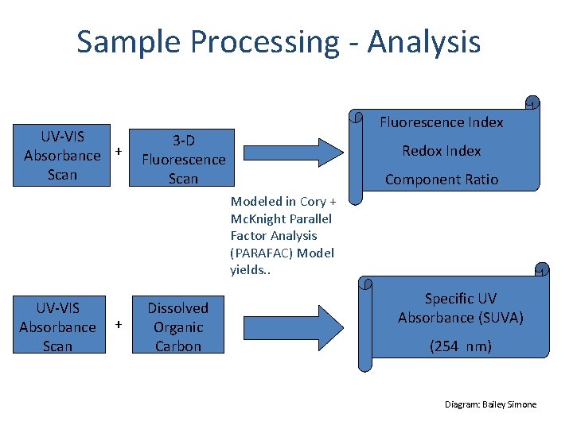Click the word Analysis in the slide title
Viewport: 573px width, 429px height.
pos(424,41)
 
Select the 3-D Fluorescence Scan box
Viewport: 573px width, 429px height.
pos(183,159)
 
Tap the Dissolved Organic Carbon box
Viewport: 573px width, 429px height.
pos(178,327)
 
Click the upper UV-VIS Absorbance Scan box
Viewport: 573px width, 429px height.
pos(62,155)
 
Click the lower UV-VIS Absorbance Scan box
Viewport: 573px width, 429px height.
pos(57,327)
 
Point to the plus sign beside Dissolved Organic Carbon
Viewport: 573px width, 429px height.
pos(119,324)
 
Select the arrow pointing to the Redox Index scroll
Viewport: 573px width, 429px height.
pos(293,151)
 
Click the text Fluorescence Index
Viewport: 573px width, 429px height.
pos(441,122)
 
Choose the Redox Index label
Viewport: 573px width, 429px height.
pos(441,151)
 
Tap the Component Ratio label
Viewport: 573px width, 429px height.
pos(441,180)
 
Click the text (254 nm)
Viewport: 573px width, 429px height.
pos(460,346)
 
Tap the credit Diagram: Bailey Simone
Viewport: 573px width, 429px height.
pos(490,404)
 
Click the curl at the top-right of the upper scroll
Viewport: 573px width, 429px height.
pos(532,102)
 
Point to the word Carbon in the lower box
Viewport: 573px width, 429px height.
pos(178,346)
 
